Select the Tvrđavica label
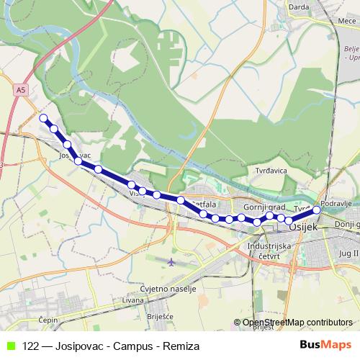[272, 171]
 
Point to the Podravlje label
[336, 204]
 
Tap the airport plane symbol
[171, 262]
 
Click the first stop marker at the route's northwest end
[44, 118]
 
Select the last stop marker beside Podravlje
[317, 210]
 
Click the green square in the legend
[10, 346]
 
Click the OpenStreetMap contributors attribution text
[297, 323]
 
